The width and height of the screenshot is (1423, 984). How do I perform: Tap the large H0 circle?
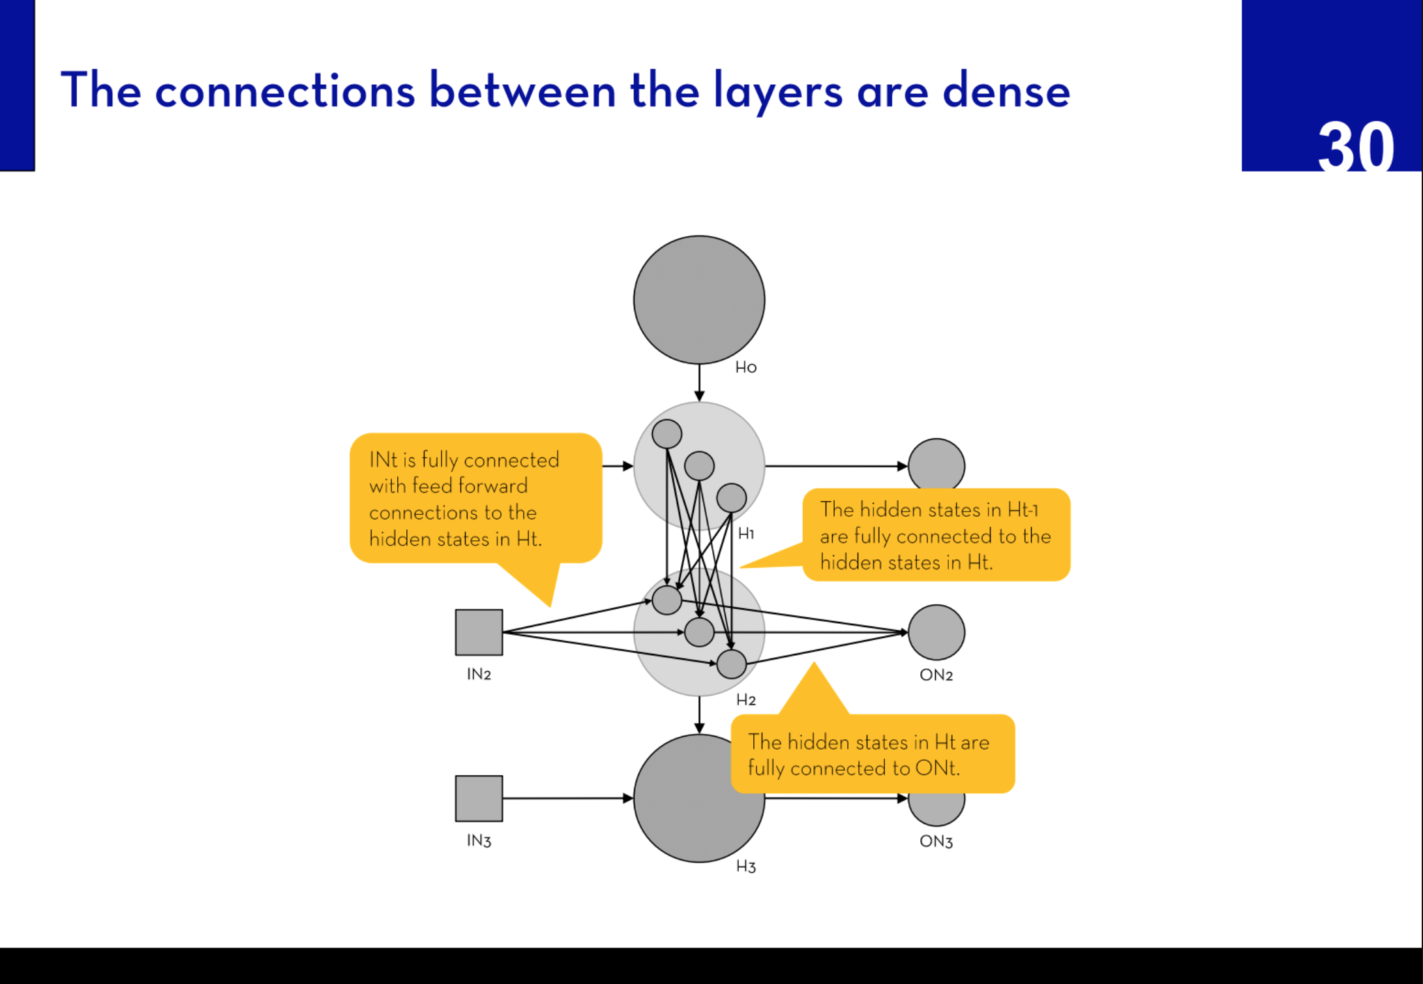click(699, 300)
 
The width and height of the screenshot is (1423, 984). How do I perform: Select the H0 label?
click(745, 367)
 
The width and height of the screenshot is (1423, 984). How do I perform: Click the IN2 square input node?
click(479, 632)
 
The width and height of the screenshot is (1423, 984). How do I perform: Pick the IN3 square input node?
click(479, 798)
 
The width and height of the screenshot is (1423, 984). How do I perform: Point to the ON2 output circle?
click(936, 632)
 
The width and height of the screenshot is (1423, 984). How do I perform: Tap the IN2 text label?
click(479, 674)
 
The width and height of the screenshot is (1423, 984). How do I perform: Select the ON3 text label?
click(936, 841)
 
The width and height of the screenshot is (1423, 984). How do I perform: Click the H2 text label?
click(745, 700)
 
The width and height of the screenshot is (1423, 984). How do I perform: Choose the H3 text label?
click(745, 867)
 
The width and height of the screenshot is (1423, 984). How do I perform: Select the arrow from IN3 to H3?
click(567, 798)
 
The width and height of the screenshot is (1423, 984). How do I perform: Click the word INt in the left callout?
click(383, 460)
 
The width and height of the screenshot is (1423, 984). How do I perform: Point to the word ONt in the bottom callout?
click(936, 768)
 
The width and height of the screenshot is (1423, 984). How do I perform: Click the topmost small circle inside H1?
click(667, 434)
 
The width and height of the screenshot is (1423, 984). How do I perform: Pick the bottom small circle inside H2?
click(731, 664)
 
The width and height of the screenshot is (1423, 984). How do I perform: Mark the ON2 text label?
click(936, 675)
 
